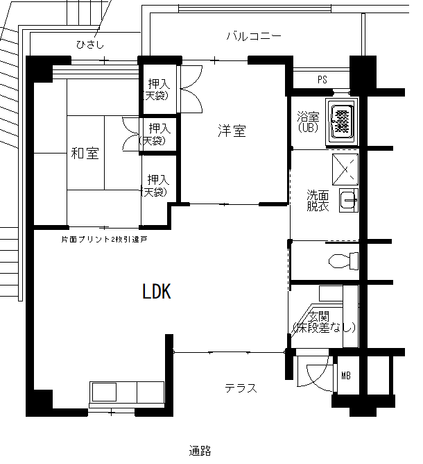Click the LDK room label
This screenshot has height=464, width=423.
157,291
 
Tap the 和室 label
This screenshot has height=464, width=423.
85,154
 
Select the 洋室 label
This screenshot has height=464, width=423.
232,131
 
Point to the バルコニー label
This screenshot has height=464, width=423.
254,36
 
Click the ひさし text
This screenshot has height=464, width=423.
90,44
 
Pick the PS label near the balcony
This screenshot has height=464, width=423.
322,79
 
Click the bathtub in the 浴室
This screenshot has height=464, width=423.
342,122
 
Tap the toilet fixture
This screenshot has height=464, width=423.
343,260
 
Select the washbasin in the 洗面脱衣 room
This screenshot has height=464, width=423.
349,200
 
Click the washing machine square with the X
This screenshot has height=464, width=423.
345,169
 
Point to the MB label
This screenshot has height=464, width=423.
346,376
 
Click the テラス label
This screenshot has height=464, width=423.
241,388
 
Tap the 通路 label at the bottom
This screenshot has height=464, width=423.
200,451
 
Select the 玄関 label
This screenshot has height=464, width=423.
318,317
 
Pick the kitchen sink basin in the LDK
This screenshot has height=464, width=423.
104,392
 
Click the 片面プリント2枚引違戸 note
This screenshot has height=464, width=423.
104,240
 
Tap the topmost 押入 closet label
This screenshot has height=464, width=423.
159,84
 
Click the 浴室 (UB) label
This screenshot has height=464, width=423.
308,122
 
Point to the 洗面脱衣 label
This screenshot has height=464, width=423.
318,201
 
